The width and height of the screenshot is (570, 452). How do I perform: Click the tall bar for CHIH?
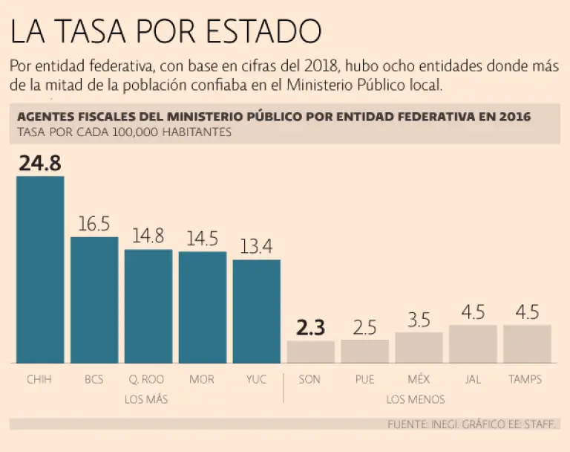pos(40,269)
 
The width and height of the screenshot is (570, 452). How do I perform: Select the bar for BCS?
pos(94,300)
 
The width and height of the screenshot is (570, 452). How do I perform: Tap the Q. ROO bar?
pos(148,306)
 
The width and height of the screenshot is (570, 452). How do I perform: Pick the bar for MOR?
pos(203,307)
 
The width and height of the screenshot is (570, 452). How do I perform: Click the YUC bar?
pos(257,311)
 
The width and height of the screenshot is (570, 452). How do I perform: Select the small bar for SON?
pos(311,352)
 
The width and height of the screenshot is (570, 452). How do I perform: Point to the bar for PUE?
pos(365,351)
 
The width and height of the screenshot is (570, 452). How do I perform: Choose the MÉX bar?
pos(419,347)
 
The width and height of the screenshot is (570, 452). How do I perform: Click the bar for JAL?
pos(473,343)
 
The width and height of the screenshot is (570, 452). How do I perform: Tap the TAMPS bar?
pos(527,343)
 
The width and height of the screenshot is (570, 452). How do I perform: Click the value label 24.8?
pos(40,164)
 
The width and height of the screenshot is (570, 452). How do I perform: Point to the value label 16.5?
pos(94,224)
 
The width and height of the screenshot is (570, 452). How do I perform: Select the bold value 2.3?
pos(311,328)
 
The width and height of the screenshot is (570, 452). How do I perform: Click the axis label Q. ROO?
pos(148,379)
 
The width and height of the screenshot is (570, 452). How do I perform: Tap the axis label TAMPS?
pos(525,379)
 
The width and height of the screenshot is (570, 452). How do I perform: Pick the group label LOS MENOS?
pos(416,399)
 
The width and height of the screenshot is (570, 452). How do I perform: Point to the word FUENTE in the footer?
pos(407,424)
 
